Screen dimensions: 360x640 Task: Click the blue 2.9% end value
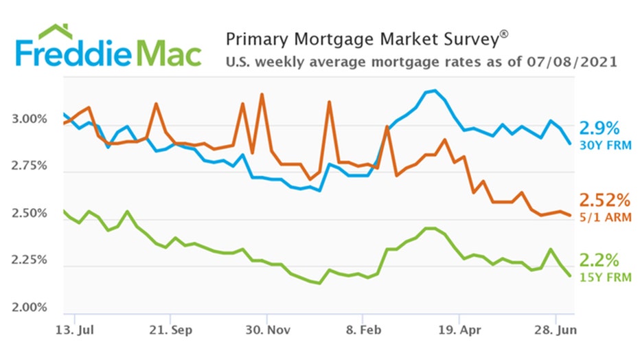click(599, 128)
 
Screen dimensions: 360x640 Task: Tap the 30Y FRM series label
click(600, 145)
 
